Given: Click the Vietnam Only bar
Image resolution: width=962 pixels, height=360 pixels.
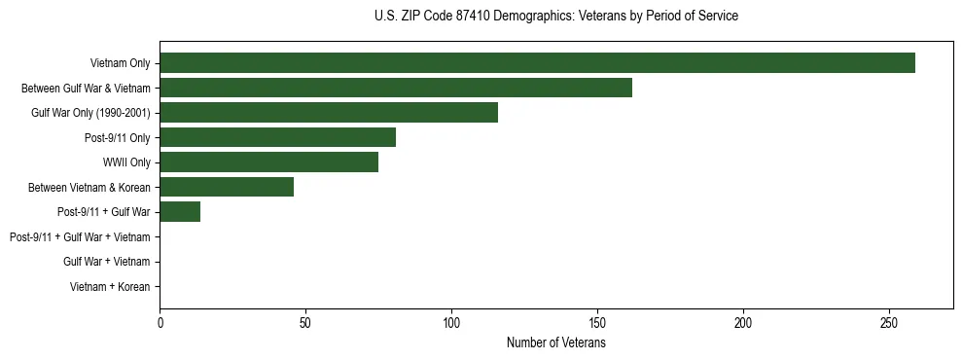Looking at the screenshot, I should click(x=537, y=63).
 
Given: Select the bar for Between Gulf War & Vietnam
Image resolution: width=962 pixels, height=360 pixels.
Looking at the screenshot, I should click(x=396, y=88).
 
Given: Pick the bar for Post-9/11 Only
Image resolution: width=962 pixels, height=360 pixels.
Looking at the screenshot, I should click(x=277, y=137).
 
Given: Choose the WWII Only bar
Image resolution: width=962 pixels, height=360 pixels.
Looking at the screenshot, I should click(x=268, y=162).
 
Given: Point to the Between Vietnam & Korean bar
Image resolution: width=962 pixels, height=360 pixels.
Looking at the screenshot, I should click(x=227, y=187).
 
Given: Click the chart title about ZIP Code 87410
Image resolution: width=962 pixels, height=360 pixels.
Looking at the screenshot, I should click(x=555, y=17).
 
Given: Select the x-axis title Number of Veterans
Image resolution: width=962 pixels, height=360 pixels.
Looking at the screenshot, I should click(x=555, y=342).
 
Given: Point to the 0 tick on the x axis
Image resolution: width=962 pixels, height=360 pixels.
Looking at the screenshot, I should click(x=160, y=322).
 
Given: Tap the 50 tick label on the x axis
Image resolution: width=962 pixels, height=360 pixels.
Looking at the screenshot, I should click(x=305, y=322).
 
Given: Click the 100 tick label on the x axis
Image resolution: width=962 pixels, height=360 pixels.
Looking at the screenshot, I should click(x=451, y=322).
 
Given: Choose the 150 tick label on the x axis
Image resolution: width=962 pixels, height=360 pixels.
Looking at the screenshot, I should click(x=597, y=322).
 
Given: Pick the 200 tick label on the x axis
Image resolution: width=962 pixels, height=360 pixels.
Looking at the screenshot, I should click(x=743, y=322).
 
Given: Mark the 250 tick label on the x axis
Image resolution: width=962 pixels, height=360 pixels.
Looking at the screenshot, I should click(x=889, y=322).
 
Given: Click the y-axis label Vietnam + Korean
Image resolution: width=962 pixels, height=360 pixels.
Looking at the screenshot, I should click(x=109, y=287).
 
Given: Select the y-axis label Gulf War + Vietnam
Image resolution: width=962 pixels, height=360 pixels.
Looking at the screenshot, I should click(x=106, y=262).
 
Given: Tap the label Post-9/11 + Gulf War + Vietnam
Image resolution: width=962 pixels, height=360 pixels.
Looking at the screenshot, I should click(x=80, y=237).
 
